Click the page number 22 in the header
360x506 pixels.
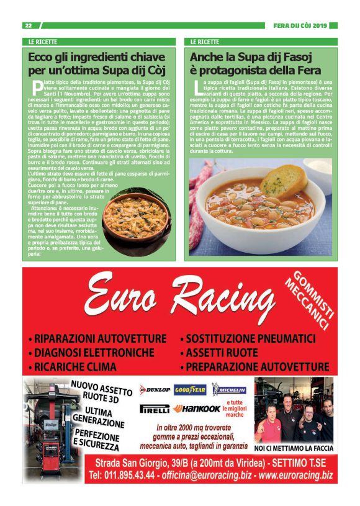(x=28, y=25)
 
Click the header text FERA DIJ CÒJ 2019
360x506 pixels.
(x=300, y=25)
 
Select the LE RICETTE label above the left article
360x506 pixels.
(x=42, y=42)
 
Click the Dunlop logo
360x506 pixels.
(x=155, y=390)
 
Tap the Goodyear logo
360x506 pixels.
(x=190, y=390)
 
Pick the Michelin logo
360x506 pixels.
(x=229, y=390)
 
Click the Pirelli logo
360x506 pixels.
(x=155, y=410)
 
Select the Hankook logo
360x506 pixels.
(x=197, y=409)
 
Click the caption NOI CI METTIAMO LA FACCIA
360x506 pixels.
(x=294, y=447)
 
